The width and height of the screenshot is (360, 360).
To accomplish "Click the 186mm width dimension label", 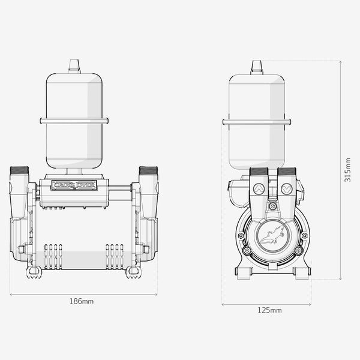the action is (82, 301).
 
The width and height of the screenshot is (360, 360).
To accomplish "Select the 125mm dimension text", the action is (269, 310).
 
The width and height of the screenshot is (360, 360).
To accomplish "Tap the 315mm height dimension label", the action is (347, 170).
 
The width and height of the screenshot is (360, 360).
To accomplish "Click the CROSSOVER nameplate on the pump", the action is (74, 185).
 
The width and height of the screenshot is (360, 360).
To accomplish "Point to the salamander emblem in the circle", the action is (273, 235).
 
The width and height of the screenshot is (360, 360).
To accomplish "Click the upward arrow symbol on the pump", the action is (259, 189).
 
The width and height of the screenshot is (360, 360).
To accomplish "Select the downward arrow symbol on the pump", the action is (287, 189).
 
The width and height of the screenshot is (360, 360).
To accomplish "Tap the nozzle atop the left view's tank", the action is (74, 67).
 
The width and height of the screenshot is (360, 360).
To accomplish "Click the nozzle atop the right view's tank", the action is (257, 67).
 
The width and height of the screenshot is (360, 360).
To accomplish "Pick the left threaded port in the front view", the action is (19, 170).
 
